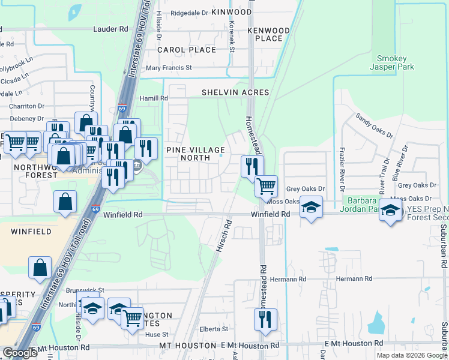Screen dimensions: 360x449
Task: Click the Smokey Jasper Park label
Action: point(391,63)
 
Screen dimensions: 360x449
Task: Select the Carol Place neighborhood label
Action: point(187,50)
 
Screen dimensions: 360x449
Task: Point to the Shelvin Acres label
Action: point(235,92)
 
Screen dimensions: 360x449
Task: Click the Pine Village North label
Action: point(196,154)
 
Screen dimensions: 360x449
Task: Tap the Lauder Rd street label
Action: point(111,29)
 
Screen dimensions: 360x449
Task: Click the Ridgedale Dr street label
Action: point(189,12)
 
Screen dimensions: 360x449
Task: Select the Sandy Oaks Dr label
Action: point(373,125)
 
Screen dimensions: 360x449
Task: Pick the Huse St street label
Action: point(157,335)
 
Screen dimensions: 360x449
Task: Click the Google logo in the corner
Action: point(20,353)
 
